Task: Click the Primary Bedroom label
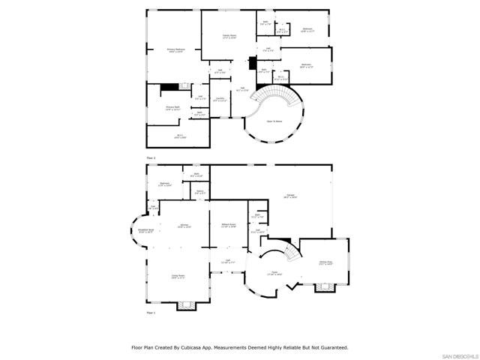tap(175, 51)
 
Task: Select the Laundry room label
tap(220, 100)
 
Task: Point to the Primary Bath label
tap(175, 109)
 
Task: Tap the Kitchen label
tap(184, 226)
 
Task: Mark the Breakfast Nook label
tap(145, 231)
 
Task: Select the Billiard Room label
tap(229, 226)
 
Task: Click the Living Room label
tap(178, 277)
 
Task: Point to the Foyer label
tap(275, 274)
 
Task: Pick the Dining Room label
tap(325, 263)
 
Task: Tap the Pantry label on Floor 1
tap(200, 192)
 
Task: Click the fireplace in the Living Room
tap(184, 304)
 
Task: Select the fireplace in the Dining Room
tap(325, 286)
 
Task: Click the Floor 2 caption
tap(151, 158)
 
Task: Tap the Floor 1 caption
tap(151, 312)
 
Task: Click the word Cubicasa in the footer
tap(194, 347)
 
